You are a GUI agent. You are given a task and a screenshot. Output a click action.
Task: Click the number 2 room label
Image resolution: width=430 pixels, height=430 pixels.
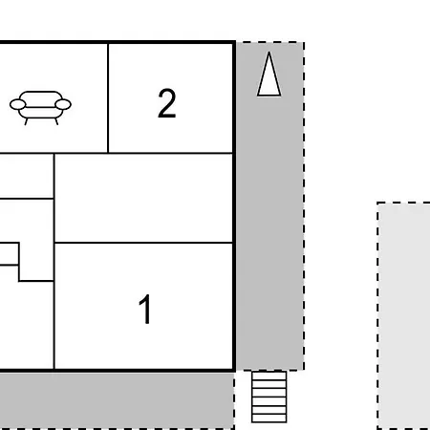point(167,103)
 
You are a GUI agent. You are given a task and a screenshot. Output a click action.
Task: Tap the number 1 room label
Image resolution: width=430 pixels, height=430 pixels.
point(145,309)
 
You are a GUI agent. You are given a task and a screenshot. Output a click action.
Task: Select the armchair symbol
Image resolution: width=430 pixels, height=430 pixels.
point(40,108)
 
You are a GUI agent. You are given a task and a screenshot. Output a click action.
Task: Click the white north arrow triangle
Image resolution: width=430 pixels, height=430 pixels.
point(269,74)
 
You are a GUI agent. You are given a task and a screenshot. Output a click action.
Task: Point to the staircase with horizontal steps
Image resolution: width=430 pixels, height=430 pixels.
point(269,397)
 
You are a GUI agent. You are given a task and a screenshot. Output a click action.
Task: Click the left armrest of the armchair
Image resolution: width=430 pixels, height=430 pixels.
point(17,104)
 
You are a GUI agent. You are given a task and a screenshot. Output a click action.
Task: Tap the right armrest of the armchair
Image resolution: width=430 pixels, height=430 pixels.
point(63,104)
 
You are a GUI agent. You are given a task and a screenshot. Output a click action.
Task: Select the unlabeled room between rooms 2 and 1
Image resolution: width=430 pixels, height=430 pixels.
point(143,198)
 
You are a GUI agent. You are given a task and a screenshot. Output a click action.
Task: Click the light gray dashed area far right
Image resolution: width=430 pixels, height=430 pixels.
point(403,315)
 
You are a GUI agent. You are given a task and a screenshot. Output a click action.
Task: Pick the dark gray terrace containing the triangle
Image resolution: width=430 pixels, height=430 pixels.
point(270,205)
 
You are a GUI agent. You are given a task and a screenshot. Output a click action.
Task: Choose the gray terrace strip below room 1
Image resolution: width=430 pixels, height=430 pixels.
point(117,400)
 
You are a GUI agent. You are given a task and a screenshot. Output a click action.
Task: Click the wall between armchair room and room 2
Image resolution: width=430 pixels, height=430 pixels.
point(108,98)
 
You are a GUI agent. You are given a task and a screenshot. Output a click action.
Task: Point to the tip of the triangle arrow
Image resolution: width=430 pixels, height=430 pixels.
point(269,52)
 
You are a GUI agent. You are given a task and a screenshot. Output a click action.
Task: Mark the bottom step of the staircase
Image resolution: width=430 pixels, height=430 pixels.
point(269,419)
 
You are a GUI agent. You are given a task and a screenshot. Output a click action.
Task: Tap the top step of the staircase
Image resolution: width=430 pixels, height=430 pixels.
point(269,375)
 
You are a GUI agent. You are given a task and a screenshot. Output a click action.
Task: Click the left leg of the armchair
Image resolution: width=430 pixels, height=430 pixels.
point(26,121)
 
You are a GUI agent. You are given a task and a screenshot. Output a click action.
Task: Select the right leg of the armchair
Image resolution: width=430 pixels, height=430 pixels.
point(56,121)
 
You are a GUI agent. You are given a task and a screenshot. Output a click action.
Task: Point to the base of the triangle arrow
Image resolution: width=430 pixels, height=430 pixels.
point(269,95)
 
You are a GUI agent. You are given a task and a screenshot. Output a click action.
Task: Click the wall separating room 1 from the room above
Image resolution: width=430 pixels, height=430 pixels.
point(143,243)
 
